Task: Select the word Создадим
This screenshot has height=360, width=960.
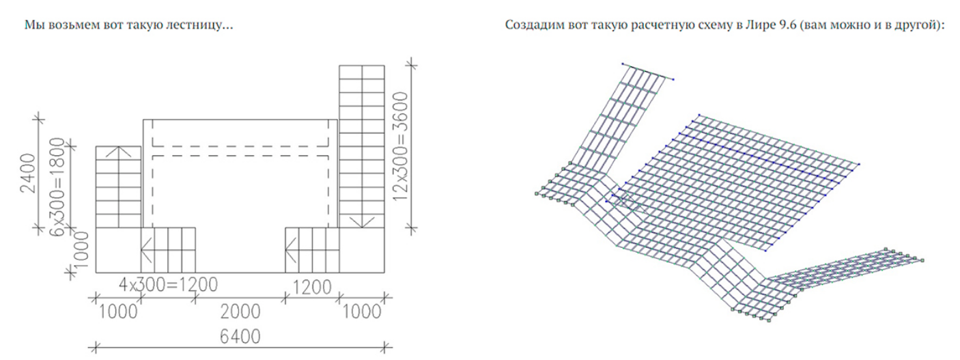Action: click(x=528, y=25)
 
